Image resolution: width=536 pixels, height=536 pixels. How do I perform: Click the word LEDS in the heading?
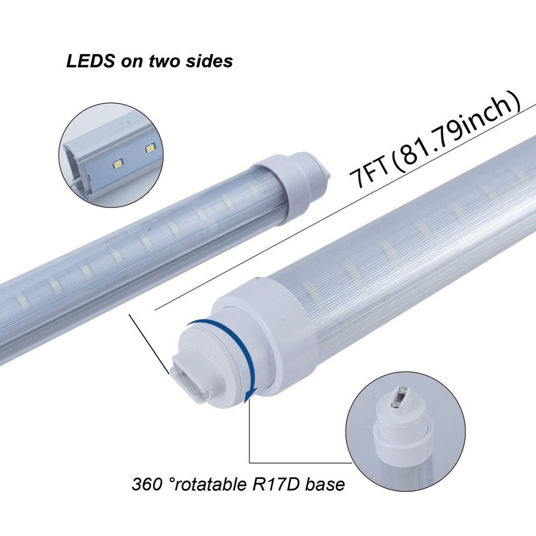(x=89, y=61)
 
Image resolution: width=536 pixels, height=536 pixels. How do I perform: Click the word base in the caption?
(x=326, y=484)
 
